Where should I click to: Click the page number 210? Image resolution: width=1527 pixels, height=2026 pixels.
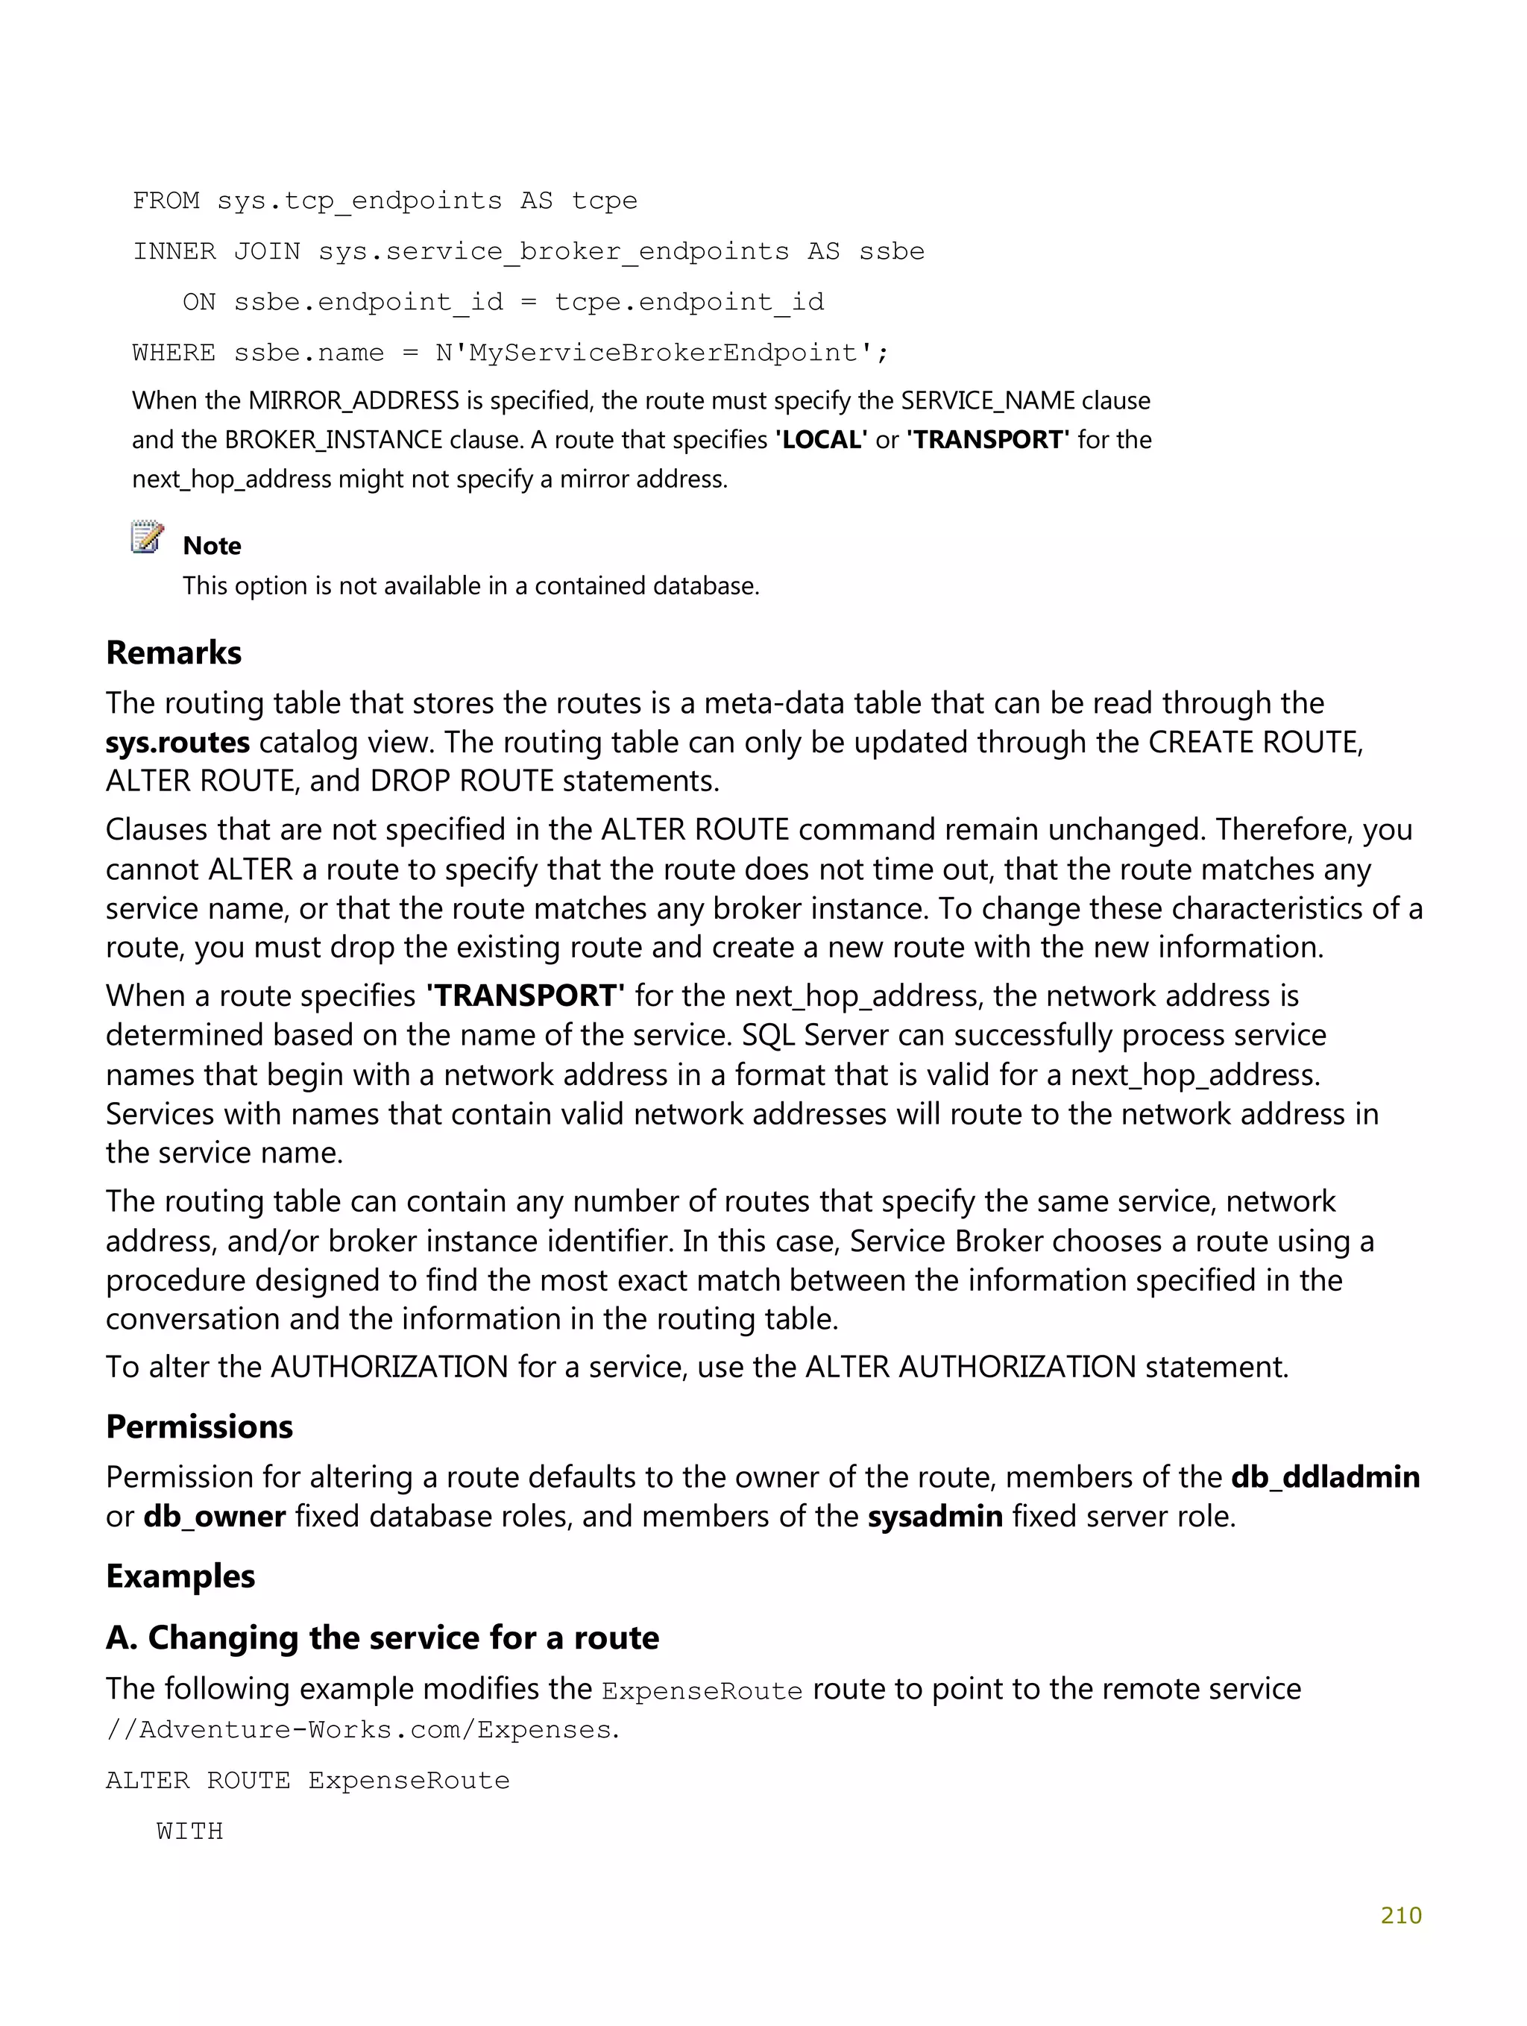click(x=1400, y=1915)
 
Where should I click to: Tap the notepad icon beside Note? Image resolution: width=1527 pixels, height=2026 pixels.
click(x=147, y=538)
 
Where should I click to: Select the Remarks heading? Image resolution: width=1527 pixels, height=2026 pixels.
click(x=174, y=653)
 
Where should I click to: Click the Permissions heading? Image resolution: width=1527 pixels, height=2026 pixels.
click(x=199, y=1426)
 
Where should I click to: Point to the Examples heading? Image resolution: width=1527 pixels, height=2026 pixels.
click(x=180, y=1576)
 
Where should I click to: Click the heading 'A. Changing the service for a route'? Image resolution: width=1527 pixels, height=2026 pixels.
click(x=382, y=1637)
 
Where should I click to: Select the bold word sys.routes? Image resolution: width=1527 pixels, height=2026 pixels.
click(x=177, y=742)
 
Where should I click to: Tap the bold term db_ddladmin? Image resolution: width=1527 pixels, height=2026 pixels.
click(x=1324, y=1476)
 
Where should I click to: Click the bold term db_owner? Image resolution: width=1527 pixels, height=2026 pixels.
click(x=214, y=1516)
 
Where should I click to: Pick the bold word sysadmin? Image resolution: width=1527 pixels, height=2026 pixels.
click(x=934, y=1516)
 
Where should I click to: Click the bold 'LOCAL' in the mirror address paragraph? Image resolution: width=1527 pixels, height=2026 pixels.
click(x=821, y=440)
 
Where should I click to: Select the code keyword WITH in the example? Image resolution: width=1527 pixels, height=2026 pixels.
click(x=189, y=1831)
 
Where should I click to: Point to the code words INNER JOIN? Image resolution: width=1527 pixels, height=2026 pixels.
click(x=216, y=251)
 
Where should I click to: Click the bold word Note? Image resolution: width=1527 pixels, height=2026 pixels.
click(x=212, y=546)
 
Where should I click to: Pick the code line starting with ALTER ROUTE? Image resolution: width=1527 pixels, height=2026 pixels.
click(x=308, y=1780)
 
